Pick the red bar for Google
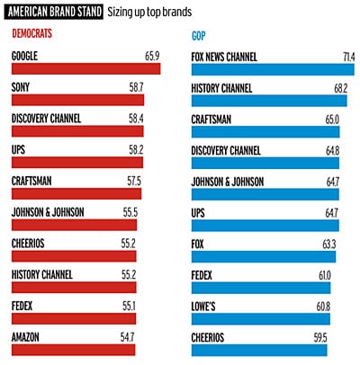[86, 69]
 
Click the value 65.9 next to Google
[150, 57]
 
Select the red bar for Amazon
[73, 348]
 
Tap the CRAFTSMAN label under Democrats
[32, 181]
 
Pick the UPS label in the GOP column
[201, 212]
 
